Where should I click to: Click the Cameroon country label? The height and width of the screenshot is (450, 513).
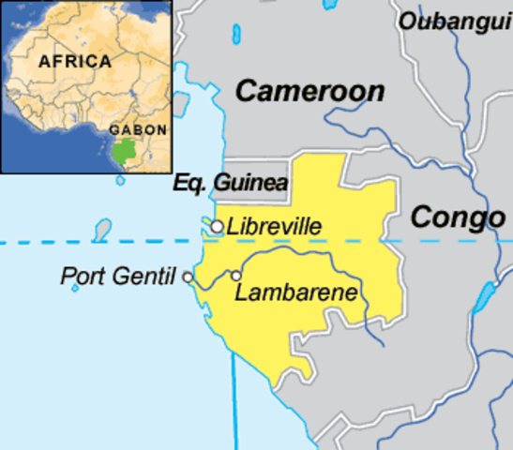coord(309,91)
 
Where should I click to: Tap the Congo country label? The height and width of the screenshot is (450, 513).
coord(458,217)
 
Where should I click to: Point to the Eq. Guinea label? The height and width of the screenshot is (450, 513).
coord(231,184)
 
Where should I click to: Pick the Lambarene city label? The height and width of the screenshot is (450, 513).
coord(295,292)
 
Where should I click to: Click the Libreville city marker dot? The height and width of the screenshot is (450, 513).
coord(217,227)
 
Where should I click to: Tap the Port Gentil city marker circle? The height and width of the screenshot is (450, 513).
coord(189,277)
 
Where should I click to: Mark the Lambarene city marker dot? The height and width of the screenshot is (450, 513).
coord(236,276)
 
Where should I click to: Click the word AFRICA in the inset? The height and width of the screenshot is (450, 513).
coord(74,62)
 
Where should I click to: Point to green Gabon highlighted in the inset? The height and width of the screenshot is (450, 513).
coord(123,150)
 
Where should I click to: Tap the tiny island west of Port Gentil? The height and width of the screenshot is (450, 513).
coord(76,288)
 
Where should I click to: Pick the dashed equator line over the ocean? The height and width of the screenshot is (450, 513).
coord(94,243)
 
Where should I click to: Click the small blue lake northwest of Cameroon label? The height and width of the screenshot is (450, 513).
coord(233,36)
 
